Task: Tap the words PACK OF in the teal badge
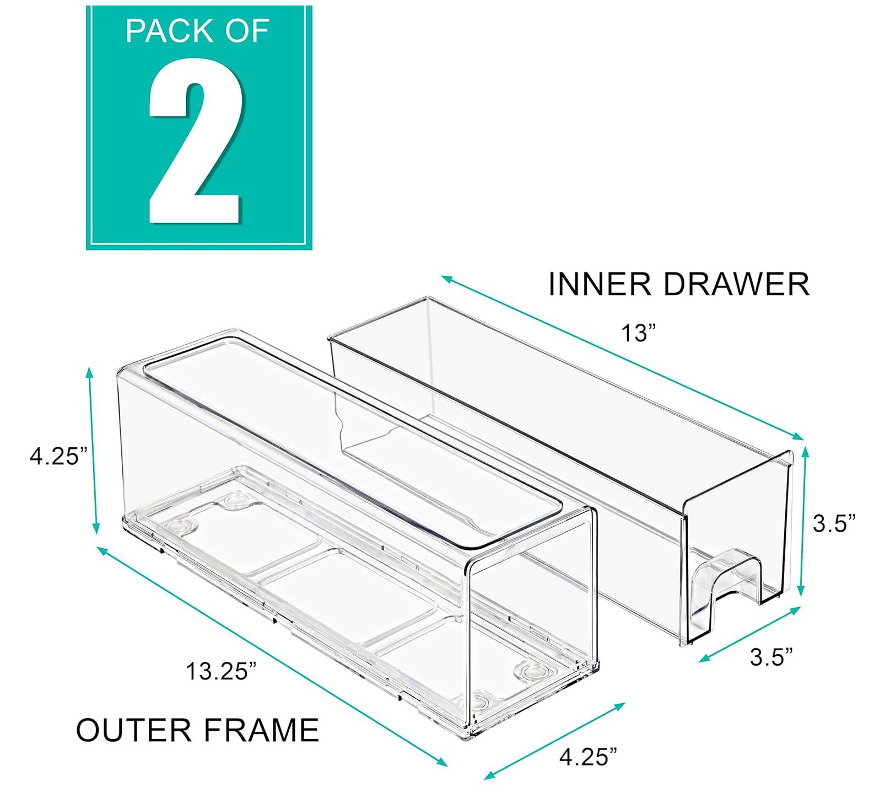(197, 31)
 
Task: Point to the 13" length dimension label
(639, 333)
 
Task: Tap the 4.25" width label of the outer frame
(588, 757)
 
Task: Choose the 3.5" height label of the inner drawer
(834, 523)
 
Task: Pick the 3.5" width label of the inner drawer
(771, 657)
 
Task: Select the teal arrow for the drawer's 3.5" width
(749, 634)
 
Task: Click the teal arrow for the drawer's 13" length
(623, 358)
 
